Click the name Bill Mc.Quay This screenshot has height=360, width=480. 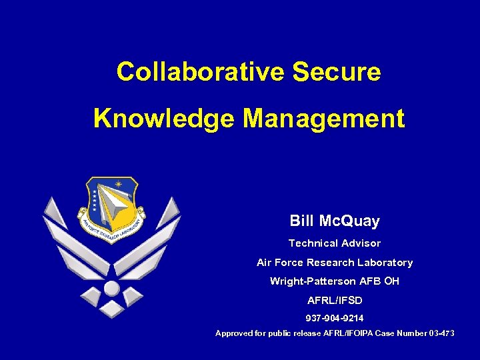click(x=335, y=221)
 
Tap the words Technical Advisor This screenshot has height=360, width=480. click(x=335, y=243)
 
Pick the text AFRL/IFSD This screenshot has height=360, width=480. click(x=335, y=301)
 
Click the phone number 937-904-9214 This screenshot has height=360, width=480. click(x=335, y=319)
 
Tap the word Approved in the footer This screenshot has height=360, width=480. click(x=234, y=333)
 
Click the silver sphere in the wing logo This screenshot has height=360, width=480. click(x=112, y=288)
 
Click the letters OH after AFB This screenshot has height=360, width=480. click(x=391, y=281)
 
